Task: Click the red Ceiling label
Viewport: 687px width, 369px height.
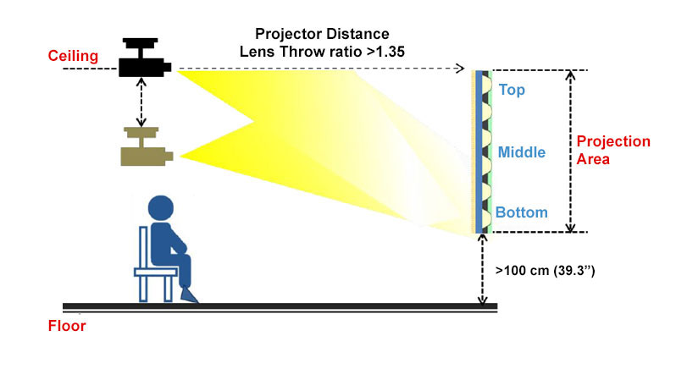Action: coord(73,57)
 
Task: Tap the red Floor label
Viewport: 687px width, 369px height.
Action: coord(67,326)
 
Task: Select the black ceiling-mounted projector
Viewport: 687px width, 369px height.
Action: coord(145,58)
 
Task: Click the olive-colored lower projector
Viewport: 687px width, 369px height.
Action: coord(147,146)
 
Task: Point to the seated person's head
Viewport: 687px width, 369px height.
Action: coord(161,208)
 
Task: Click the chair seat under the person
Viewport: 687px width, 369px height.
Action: coord(156,273)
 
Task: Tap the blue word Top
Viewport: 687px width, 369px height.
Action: coord(512,91)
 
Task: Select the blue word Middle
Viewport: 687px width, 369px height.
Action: coord(522,152)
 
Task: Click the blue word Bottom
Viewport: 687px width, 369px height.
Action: coord(521,212)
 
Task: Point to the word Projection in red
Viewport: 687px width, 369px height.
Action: coord(613,141)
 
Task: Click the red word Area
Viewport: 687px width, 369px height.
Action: coord(593,159)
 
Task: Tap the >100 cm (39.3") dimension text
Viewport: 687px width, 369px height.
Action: coord(545,271)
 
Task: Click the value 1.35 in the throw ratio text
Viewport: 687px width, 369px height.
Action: coord(390,52)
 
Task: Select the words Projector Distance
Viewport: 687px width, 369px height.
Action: coord(322,34)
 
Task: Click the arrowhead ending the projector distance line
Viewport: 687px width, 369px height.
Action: coord(460,69)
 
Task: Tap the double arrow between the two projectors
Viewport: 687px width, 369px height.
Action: coord(141,102)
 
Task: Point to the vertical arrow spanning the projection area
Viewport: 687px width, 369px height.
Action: coord(570,151)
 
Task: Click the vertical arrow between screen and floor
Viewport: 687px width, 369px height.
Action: coord(482,269)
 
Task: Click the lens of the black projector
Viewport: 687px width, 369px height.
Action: coord(167,68)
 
